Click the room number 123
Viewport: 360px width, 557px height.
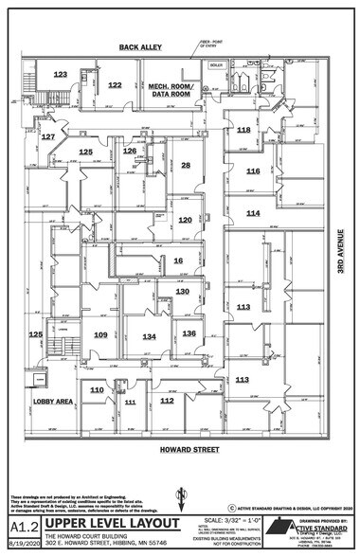pyautogui.click(x=61, y=74)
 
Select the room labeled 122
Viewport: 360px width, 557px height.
pyautogui.click(x=115, y=85)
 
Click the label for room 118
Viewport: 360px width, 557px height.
pyautogui.click(x=243, y=130)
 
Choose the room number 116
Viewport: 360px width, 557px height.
pyautogui.click(x=253, y=171)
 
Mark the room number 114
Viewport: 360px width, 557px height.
pyautogui.click(x=253, y=214)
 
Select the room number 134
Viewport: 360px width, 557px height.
pyautogui.click(x=149, y=336)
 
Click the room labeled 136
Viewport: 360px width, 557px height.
pyautogui.click(x=189, y=333)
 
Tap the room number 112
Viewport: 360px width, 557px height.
pyautogui.click(x=167, y=401)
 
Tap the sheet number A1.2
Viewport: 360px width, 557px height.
pyautogui.click(x=22, y=524)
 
